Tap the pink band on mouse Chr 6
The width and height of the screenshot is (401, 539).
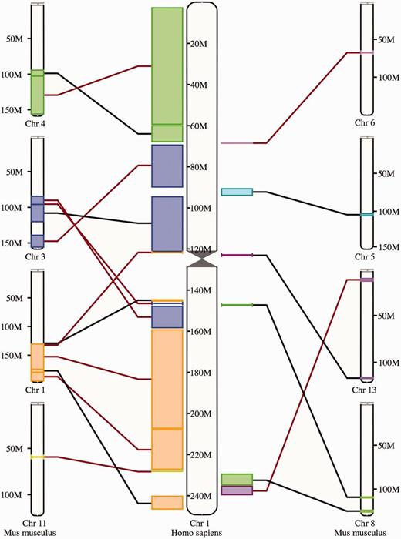pos(366,52)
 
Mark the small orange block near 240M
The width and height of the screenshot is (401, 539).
pos(167,503)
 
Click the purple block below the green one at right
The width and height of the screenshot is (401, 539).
pos(237,490)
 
